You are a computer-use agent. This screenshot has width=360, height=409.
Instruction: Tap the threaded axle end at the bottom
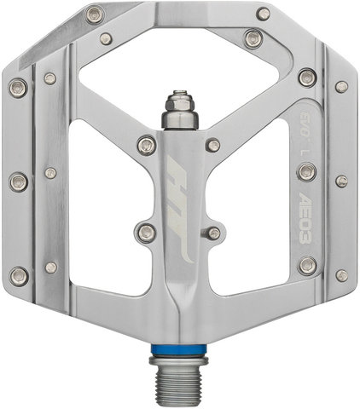point(180,379)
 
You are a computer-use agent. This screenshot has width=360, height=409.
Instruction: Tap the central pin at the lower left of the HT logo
point(147,231)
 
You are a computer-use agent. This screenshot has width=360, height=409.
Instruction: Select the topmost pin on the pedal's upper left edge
point(95,14)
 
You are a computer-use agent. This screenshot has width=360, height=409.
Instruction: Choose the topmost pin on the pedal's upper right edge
point(264,14)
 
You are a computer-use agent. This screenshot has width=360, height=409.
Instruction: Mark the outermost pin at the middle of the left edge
point(18,181)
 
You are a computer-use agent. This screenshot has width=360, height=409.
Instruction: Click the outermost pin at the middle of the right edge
point(341,181)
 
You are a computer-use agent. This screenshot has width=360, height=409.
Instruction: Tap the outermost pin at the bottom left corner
point(18,274)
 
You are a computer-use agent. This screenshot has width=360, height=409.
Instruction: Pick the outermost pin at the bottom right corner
point(341,274)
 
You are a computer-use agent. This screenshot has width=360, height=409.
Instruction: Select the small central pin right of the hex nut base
point(213,146)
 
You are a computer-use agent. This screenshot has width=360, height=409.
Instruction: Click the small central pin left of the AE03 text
point(213,233)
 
